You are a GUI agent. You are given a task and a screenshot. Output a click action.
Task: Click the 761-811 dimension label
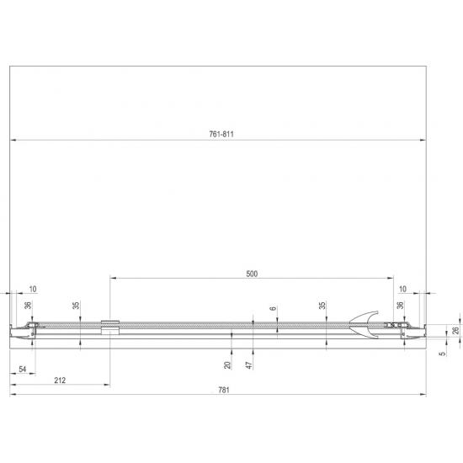[x=221, y=133]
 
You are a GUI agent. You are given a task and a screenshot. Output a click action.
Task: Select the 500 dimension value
[x=251, y=274]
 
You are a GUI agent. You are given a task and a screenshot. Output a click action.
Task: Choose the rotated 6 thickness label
[x=274, y=310]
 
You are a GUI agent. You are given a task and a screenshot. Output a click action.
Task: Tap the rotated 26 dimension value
[x=456, y=332]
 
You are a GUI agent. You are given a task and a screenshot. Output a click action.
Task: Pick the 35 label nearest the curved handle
[x=322, y=306]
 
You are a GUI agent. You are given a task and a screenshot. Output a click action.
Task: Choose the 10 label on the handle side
[x=402, y=289]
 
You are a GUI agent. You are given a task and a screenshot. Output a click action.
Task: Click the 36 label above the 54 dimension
[x=28, y=306]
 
